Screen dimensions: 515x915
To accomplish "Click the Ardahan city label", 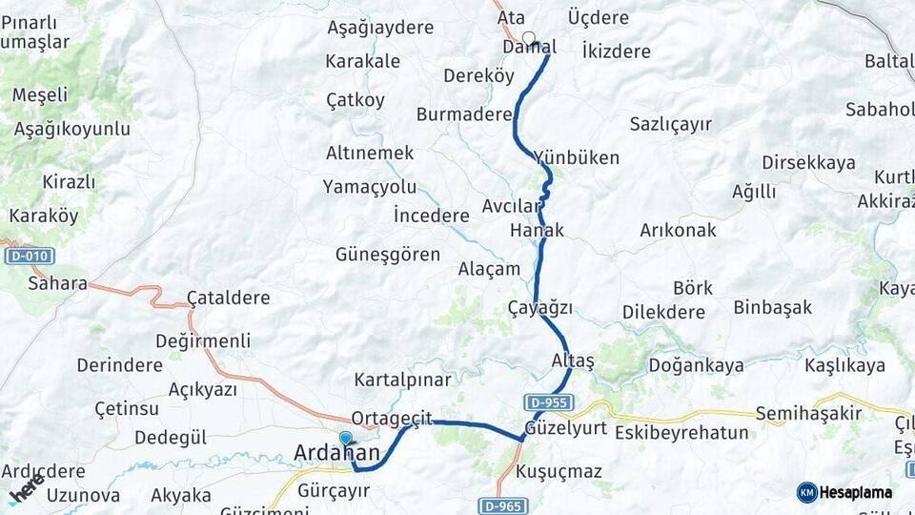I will [337, 454].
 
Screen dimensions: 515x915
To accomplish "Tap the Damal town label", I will [529, 46].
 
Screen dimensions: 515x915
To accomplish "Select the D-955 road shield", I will [547, 402].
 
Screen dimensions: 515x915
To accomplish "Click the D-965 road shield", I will [501, 505].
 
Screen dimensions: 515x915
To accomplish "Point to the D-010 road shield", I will [30, 256].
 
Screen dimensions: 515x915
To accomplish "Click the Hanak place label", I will [537, 230].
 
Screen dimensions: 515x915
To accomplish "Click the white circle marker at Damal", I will [528, 39].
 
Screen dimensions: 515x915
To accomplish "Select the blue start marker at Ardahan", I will [345, 438].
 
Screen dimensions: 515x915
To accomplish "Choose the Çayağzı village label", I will [539, 307].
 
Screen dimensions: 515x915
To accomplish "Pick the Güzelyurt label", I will [565, 428].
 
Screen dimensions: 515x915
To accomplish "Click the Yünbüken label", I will [576, 157].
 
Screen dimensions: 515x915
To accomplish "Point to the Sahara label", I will [57, 283].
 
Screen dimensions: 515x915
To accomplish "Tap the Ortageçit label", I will [392, 418].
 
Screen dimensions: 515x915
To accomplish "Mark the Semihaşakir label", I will [808, 413].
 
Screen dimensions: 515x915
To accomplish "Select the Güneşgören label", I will [388, 255].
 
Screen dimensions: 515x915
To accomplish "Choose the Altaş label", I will [572, 360].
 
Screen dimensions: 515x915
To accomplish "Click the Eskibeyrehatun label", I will [681, 433].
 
